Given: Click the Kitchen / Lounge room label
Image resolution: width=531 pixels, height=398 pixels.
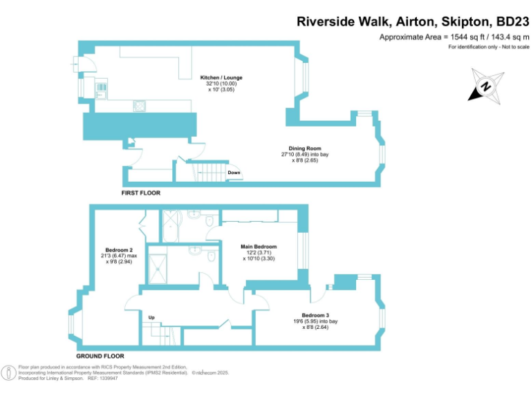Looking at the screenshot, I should pyautogui.click(x=221, y=77).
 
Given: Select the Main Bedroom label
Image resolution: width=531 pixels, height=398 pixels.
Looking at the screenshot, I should pyautogui.click(x=259, y=247).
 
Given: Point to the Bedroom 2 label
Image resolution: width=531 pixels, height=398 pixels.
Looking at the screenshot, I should pyautogui.click(x=119, y=250).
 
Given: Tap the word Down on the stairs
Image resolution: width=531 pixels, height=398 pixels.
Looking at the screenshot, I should pyautogui.click(x=234, y=173).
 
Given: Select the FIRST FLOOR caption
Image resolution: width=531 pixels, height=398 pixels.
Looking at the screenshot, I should pyautogui.click(x=141, y=193).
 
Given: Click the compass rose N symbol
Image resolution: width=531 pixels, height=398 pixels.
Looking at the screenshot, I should pyautogui.click(x=486, y=86).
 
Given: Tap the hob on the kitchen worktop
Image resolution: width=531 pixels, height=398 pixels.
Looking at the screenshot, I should pyautogui.click(x=140, y=106).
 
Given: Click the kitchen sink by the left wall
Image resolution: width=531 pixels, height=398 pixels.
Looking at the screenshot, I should pyautogui.click(x=100, y=89).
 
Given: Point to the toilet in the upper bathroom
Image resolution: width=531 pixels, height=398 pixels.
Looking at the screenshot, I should pyautogui.click(x=209, y=220).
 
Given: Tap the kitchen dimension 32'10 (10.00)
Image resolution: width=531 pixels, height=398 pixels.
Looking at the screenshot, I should pyautogui.click(x=221, y=84).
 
